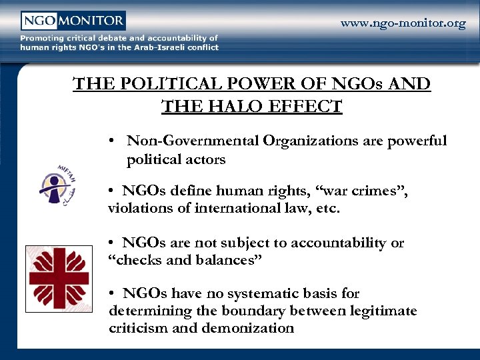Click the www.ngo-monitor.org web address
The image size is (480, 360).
pos(403,24)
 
